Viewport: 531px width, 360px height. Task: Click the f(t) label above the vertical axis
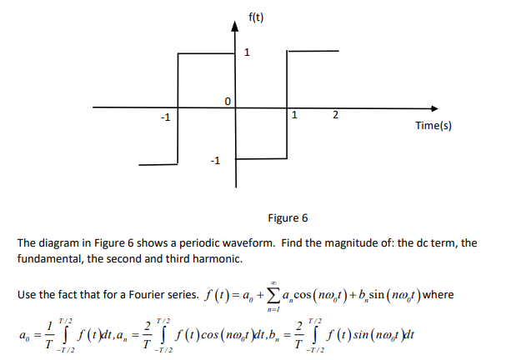256,16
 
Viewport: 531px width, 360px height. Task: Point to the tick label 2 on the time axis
334,114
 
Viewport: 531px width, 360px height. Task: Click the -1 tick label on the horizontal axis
167,117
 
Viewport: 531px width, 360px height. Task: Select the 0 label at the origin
227,100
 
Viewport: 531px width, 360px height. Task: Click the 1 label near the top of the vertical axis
247,53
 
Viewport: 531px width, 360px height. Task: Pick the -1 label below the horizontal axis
214,161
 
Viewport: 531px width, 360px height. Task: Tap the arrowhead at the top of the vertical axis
235,27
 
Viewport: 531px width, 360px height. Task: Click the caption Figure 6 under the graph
288,218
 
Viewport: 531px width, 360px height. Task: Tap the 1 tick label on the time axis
293,114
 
